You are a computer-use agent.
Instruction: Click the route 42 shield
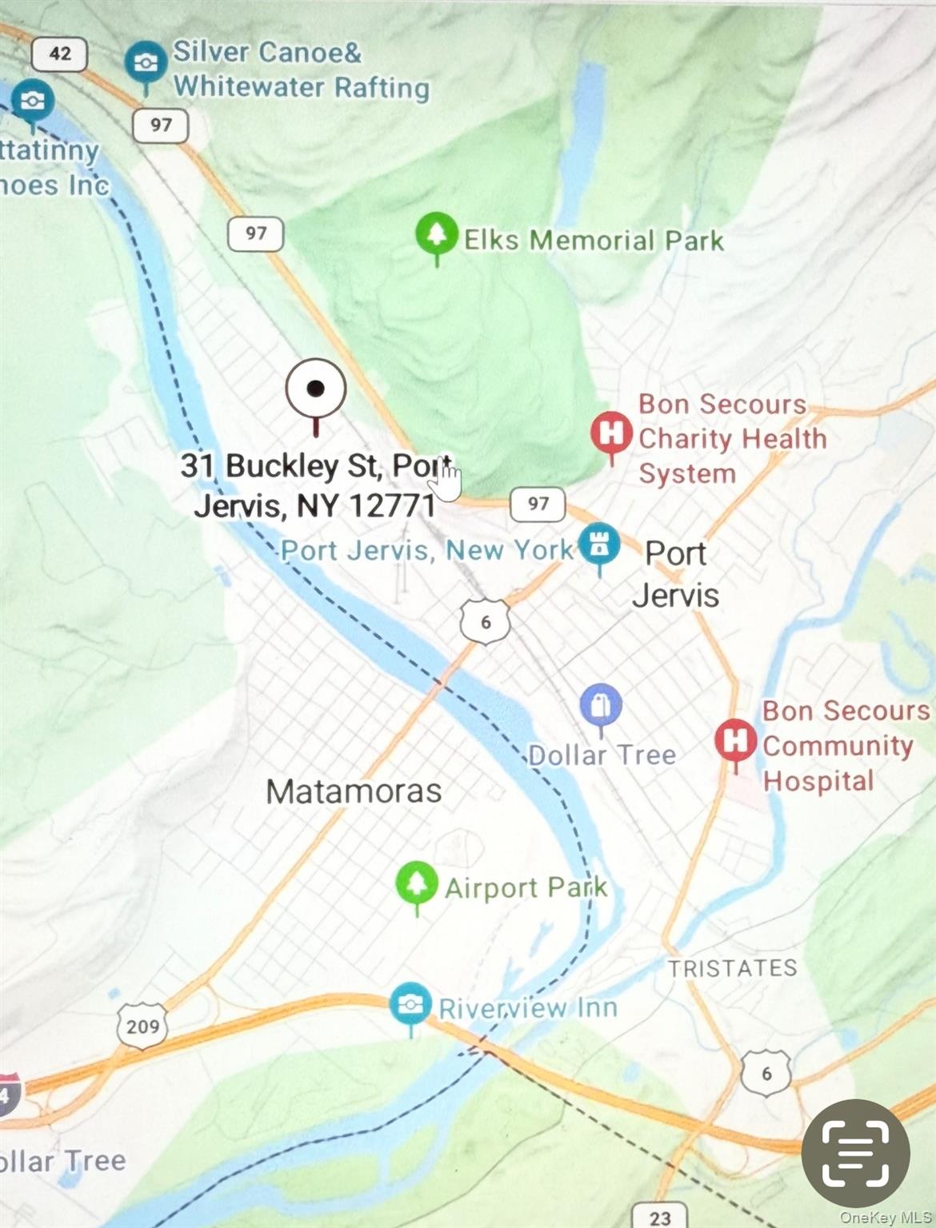(x=60, y=54)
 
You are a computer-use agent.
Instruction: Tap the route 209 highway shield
(x=142, y=1026)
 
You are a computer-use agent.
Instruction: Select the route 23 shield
(x=659, y=1216)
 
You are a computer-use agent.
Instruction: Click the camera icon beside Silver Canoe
(x=145, y=63)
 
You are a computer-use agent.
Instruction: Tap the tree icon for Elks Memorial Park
(x=436, y=233)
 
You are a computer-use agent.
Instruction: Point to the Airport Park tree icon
(x=416, y=883)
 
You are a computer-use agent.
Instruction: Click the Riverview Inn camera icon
(x=410, y=1004)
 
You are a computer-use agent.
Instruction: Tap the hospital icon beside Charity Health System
(x=611, y=433)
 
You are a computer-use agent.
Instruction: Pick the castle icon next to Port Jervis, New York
(x=599, y=545)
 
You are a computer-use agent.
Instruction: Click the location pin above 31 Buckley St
(x=316, y=389)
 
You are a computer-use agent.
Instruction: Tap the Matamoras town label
(x=354, y=791)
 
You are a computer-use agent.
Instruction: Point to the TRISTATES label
(x=732, y=968)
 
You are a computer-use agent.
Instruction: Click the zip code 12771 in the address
(x=393, y=505)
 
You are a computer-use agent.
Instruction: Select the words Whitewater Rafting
(x=302, y=86)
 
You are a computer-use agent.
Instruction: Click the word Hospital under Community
(x=818, y=780)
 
